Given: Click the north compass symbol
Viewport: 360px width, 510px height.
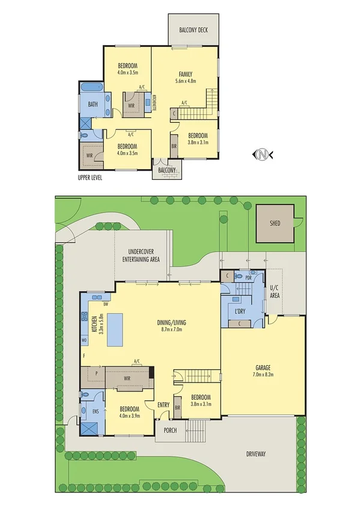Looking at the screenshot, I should (263, 155).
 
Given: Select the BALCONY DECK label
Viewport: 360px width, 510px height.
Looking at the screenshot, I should (194, 29).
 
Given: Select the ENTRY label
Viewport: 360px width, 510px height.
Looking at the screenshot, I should (163, 405).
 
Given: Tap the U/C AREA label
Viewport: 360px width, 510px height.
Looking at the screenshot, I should (275, 292).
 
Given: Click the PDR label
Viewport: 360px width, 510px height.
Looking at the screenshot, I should (248, 278).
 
